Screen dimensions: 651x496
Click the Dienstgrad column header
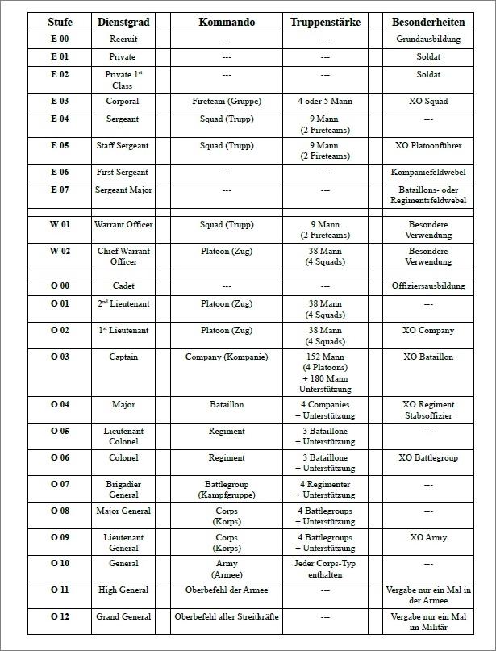tap(123, 22)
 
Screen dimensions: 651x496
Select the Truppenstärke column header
tap(325, 22)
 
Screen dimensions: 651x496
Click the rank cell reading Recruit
tap(123, 39)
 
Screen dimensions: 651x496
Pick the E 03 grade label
tap(60, 101)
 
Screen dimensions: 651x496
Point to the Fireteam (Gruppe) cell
tap(227, 102)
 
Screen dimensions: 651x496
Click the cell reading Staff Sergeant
tap(123, 146)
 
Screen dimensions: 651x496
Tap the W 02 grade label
tap(60, 251)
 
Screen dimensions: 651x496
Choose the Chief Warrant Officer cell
tap(123, 257)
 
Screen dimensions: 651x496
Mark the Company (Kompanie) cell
tap(227, 357)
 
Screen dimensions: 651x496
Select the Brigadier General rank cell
tap(123, 489)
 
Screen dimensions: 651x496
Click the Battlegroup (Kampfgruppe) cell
tap(227, 489)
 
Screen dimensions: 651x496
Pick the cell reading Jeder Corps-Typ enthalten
tap(325, 569)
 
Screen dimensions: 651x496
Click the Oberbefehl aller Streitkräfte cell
tap(227, 617)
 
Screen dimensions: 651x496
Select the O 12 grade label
tap(60, 616)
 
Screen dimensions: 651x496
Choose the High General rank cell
tap(123, 590)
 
